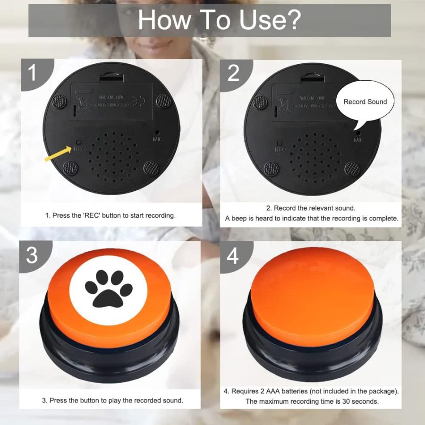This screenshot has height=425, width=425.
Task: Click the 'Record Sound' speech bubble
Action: tap(365, 102)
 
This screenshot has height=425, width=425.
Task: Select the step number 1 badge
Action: tap(32, 73)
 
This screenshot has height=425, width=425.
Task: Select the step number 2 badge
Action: tap(233, 73)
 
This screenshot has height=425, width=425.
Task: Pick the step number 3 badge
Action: tap(32, 255)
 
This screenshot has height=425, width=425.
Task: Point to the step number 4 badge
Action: tap(233, 255)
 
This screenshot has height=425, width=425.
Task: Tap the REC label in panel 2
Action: tap(280, 150)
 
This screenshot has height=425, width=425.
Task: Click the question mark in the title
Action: tap(293, 20)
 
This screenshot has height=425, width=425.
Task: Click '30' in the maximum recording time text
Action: tap(345, 401)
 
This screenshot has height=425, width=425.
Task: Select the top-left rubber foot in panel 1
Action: tap(59, 101)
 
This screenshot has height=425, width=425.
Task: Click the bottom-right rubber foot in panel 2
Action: tap(351, 168)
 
